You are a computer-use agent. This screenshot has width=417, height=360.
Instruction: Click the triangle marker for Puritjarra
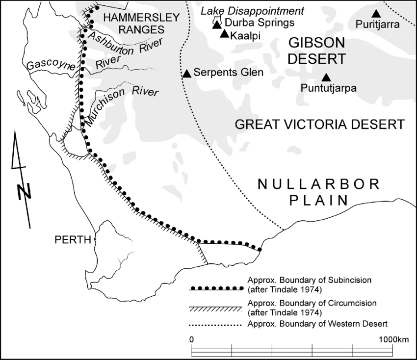coord(376,14)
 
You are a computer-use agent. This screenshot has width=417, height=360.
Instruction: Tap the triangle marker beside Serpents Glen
coord(186,74)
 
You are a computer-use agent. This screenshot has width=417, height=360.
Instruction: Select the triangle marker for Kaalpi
coord(224,34)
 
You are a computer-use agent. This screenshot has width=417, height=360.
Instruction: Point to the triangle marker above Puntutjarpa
coord(326,77)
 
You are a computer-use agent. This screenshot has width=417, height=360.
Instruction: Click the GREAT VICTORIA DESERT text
coord(319,124)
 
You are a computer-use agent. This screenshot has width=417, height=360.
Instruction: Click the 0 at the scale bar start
coord(191,339)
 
